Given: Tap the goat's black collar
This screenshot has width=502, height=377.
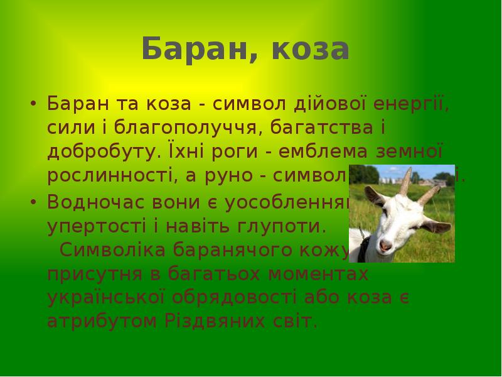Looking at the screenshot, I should tap(362, 249).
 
